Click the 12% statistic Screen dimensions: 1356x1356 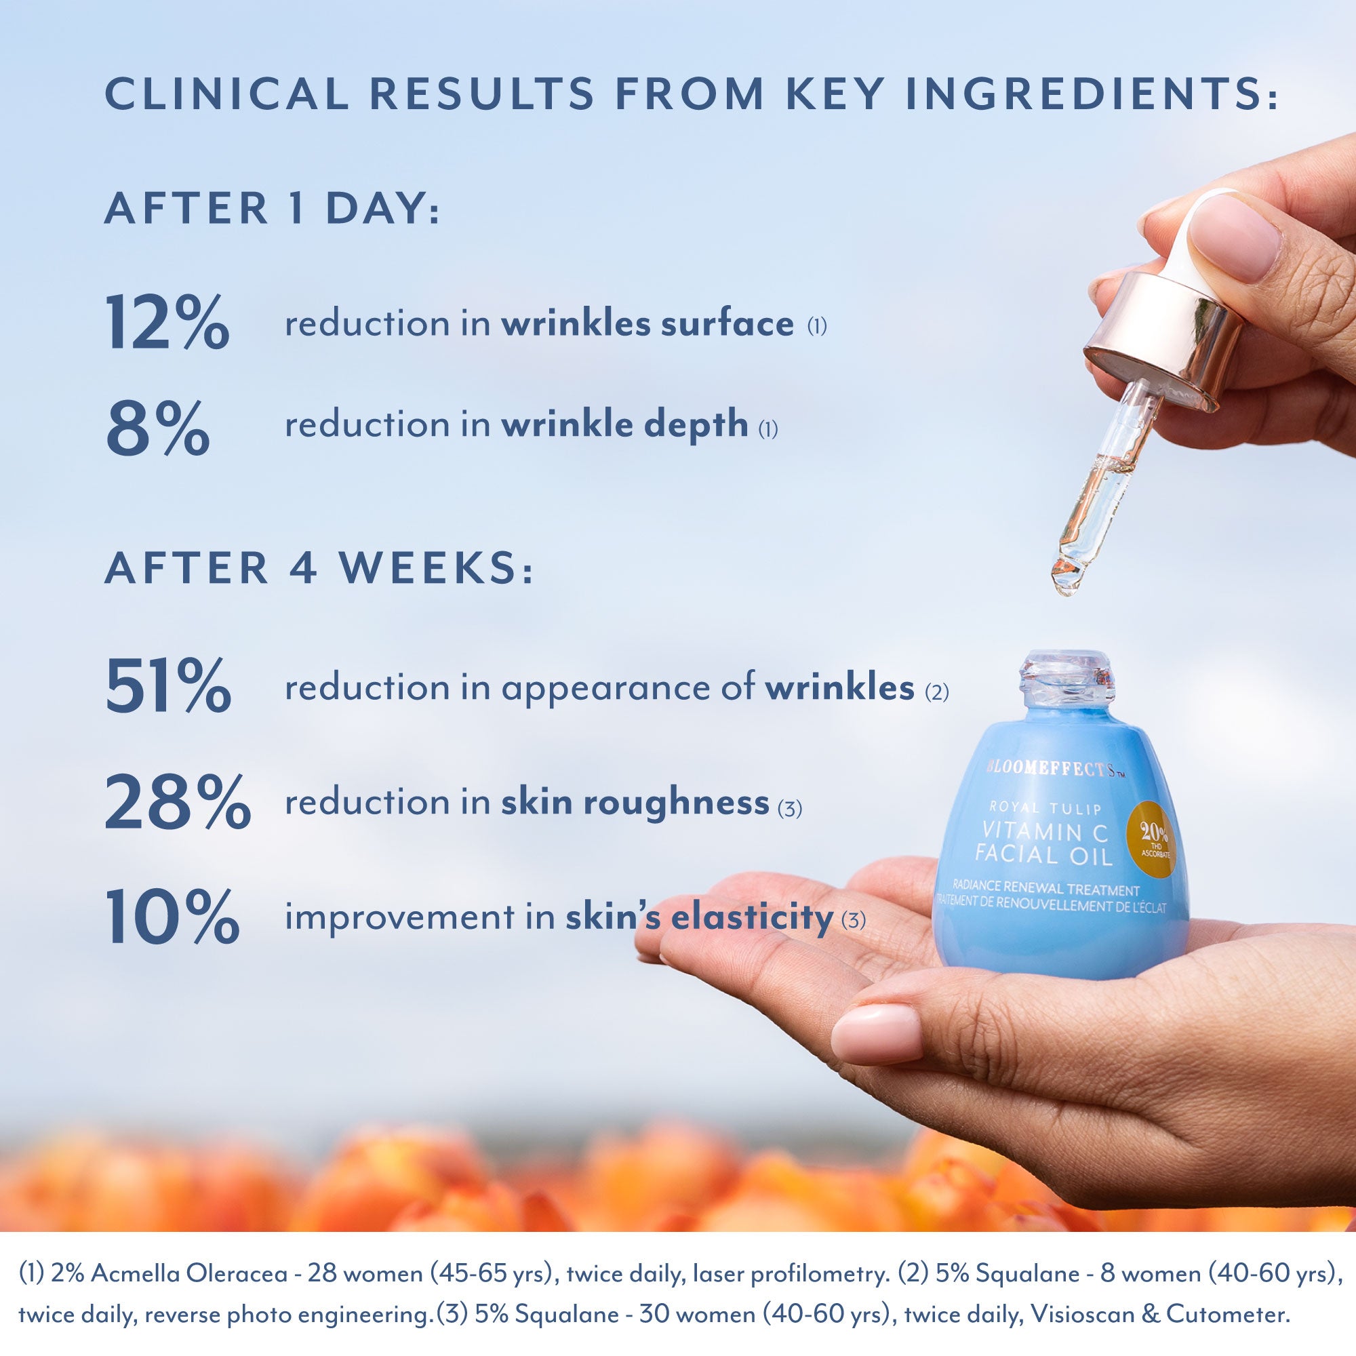click(167, 322)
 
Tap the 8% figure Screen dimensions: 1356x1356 click(157, 426)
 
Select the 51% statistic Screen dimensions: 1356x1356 click(167, 685)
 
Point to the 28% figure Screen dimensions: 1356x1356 click(177, 801)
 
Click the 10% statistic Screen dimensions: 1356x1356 click(172, 917)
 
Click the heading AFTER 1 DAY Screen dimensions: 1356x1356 click(272, 209)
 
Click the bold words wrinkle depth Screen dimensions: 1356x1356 click(624, 424)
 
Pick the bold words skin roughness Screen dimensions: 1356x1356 click(635, 802)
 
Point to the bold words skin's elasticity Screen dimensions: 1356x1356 click(699, 917)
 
